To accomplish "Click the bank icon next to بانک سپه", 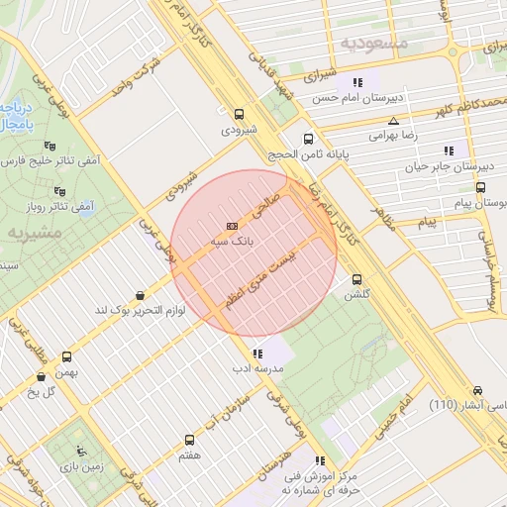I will click(x=233, y=226).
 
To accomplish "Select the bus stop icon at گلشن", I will click(x=356, y=279).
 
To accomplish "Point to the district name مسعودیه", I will click(x=373, y=43).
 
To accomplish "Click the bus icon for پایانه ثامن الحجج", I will click(x=308, y=140).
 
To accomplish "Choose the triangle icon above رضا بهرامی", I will click(x=393, y=120).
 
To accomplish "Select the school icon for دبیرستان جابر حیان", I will click(x=449, y=151).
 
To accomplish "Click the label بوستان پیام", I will click(x=476, y=202).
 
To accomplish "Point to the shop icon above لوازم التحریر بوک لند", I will click(x=140, y=295).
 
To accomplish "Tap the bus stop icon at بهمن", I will click(x=67, y=355).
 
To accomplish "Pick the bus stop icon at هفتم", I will click(x=189, y=439).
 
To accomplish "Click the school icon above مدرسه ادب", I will click(x=257, y=353).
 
